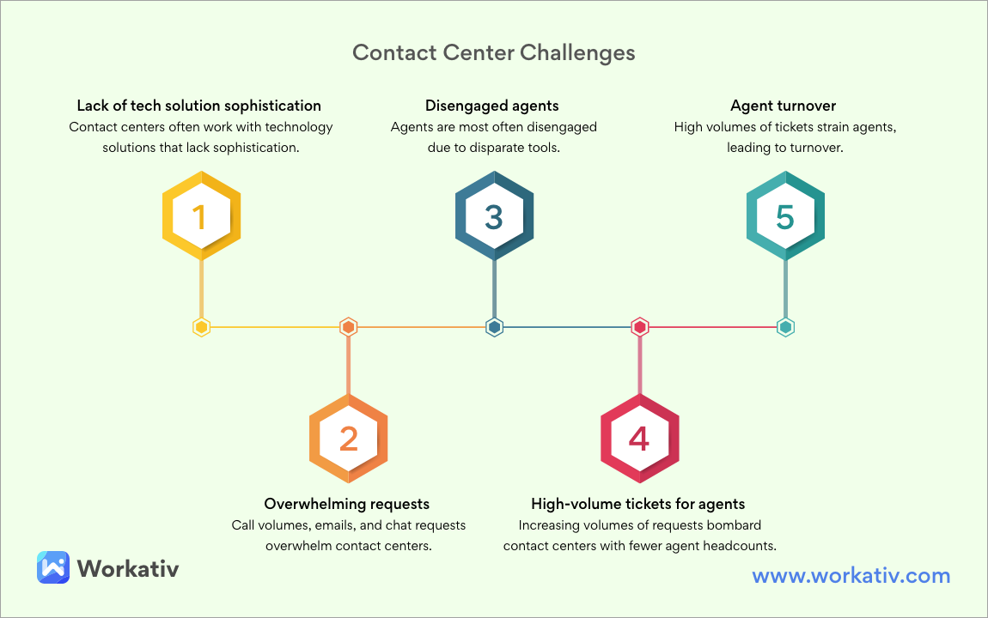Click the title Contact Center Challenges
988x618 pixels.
pyautogui.click(x=494, y=53)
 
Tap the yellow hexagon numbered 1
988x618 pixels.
pyautogui.click(x=201, y=217)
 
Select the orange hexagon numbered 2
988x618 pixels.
pyautogui.click(x=348, y=439)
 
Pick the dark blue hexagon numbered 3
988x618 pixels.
pyautogui.click(x=494, y=217)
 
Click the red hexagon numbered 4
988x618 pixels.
pyautogui.click(x=639, y=439)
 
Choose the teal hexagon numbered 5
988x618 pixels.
pyautogui.click(x=785, y=217)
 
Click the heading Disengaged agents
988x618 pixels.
pyautogui.click(x=492, y=106)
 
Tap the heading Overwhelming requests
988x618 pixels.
pyautogui.click(x=347, y=504)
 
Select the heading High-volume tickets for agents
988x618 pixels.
pyautogui.click(x=638, y=504)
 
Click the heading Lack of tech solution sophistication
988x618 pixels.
pyautogui.click(x=199, y=106)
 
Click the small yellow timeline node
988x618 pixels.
pyautogui.click(x=201, y=327)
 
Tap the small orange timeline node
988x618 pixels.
pyautogui.click(x=348, y=327)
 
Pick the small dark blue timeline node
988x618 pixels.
pyautogui.click(x=494, y=327)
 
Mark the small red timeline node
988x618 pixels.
pyautogui.click(x=639, y=327)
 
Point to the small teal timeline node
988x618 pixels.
pyautogui.click(x=785, y=327)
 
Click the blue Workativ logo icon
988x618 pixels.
pyautogui.click(x=52, y=567)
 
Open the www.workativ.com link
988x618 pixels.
pyautogui.click(x=851, y=576)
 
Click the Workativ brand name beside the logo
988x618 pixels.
pyautogui.click(x=128, y=568)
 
